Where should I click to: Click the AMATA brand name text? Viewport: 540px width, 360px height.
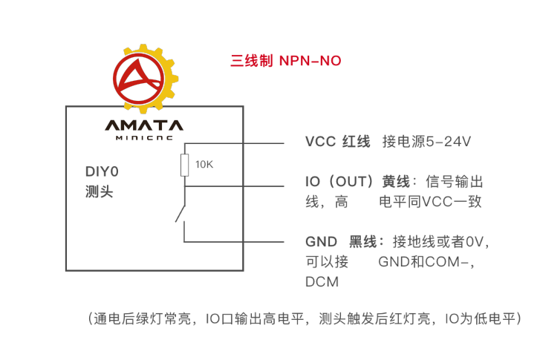pos(143,125)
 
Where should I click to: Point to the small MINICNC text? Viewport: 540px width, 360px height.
pos(143,137)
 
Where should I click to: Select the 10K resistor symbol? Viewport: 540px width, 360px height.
pos(185,165)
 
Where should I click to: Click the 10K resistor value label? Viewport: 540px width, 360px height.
pos(204,165)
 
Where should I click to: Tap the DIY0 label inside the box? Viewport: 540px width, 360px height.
pos(102,172)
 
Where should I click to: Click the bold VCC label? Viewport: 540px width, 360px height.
pos(319,142)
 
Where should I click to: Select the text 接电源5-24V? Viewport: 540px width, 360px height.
pos(426,142)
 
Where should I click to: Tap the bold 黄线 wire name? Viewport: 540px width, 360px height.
pos(395,182)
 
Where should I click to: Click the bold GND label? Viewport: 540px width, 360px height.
pos(321,241)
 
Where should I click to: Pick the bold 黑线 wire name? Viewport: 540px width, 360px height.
pos(365,241)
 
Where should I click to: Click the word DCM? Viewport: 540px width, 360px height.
pos(322,282)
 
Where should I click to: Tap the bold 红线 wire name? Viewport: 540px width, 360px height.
pos(356,142)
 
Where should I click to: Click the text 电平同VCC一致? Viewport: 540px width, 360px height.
pos(430,201)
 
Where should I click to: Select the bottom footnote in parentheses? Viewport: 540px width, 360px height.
pos(305,320)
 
